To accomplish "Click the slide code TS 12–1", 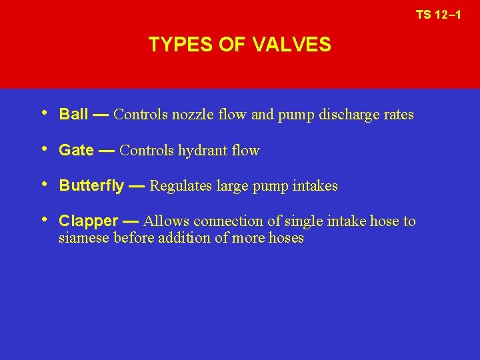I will pos(438,14).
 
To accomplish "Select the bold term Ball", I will pos(73,115).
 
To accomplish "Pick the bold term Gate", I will pos(76,151).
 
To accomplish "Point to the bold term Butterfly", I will pos(91,186).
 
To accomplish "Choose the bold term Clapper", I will pos(89,221).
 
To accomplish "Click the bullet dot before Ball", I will pos(45,113).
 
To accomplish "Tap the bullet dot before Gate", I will pos(45,149).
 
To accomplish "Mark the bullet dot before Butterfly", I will pos(45,185).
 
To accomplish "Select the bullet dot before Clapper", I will pos(45,220).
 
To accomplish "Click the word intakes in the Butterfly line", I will pos(315,186).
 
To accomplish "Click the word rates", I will pos(398,115).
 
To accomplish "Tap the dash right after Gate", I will pos(107,151).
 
